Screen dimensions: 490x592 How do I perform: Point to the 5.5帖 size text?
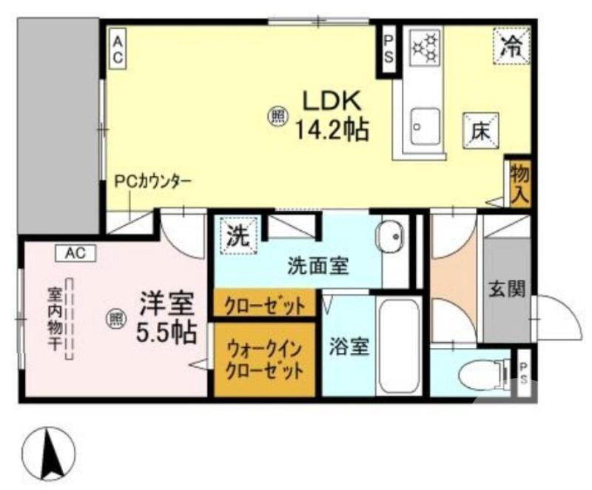pos(166,332)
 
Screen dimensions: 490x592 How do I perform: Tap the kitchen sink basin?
pos(425,127)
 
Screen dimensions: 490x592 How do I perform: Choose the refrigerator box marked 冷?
pos(512,46)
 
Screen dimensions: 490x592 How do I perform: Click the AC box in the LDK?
pos(118,49)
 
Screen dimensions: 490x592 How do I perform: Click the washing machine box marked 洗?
pos(238,236)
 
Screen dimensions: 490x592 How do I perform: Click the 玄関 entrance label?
pos(506,289)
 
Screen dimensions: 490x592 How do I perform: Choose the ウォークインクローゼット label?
pos(264,358)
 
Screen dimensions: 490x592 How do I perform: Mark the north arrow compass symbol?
pos(50,453)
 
